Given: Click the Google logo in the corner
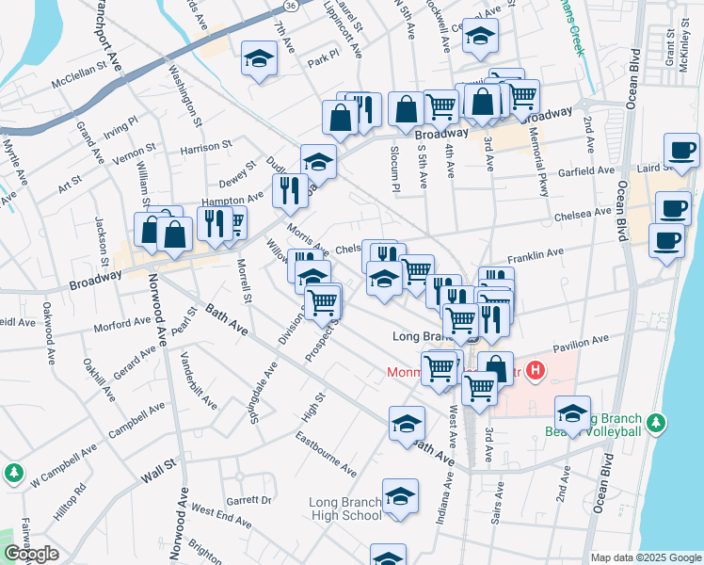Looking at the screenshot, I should tap(30, 554).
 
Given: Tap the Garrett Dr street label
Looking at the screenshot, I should tap(248, 501).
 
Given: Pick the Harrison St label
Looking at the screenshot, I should tap(206, 148).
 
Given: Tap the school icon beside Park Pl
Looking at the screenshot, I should tap(257, 58).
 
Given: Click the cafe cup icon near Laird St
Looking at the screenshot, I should tap(681, 150).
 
